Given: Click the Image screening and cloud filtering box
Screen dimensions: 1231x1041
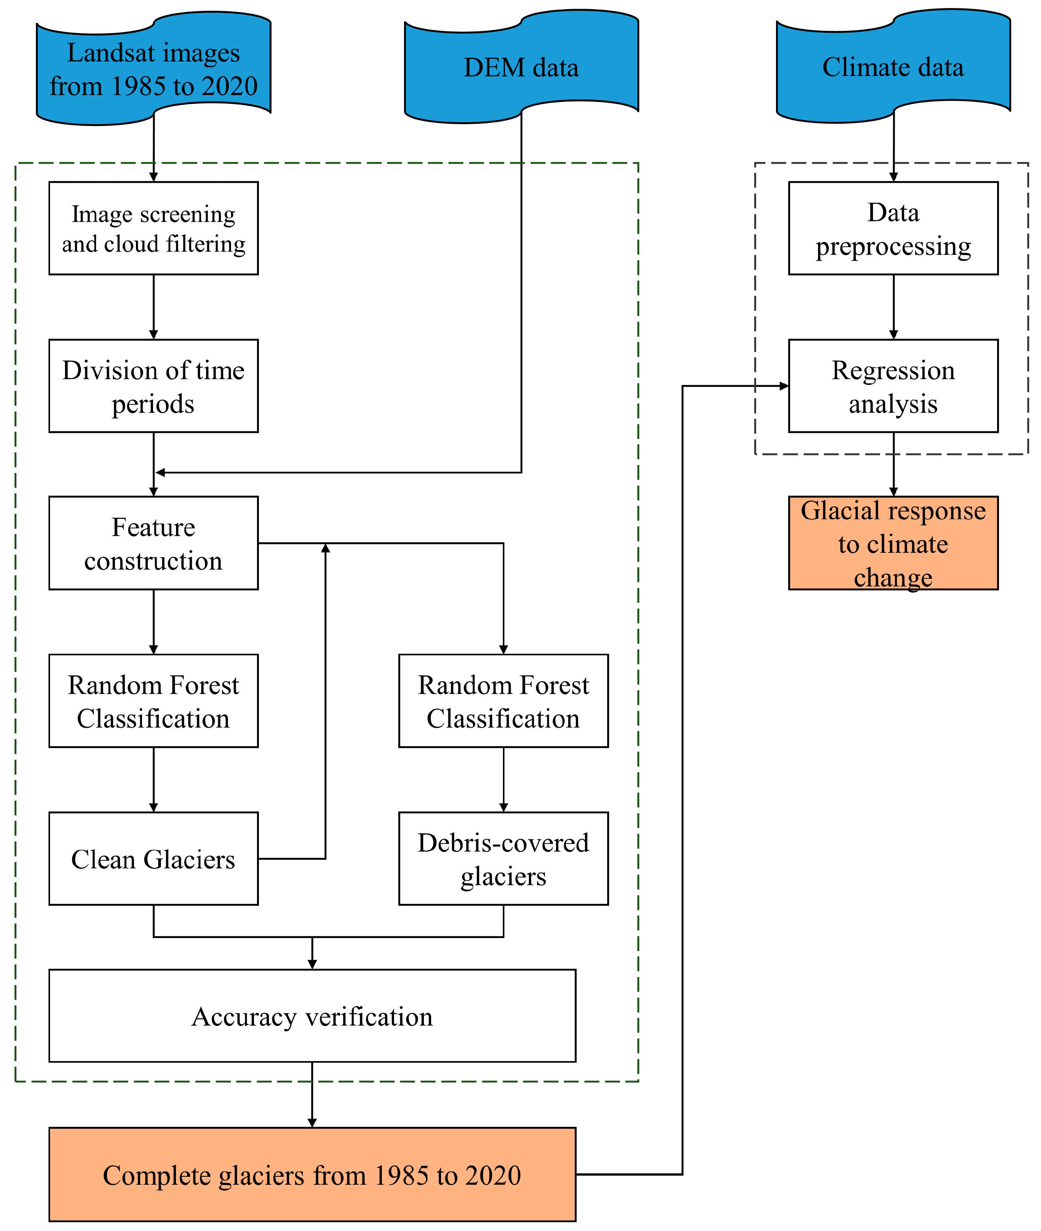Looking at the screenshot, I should pos(154,228).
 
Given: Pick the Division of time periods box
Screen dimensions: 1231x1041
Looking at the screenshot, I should pos(154,386).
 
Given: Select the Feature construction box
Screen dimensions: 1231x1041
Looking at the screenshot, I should pos(154,543).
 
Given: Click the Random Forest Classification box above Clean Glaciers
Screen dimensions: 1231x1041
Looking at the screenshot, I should pos(154,701).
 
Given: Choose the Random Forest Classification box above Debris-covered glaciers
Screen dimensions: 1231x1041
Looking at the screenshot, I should pos(503,701).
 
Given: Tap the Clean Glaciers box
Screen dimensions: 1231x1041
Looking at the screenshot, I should pos(154,859).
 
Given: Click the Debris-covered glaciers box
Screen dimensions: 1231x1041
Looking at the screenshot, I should pos(503,859).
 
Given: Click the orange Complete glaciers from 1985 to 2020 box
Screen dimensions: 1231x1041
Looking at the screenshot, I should pos(312,1174).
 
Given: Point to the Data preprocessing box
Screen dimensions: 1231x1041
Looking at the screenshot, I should pos(893,228).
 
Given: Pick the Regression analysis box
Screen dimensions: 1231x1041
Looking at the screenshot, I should pos(893,386).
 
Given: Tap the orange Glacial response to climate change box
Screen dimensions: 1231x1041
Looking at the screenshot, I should pos(893,543).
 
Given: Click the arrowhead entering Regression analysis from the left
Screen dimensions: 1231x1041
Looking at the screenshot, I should pos(784,386).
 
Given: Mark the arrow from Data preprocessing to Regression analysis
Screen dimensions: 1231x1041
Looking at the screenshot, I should pos(894,307).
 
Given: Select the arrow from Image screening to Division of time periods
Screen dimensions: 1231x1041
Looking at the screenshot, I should pos(154,307).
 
